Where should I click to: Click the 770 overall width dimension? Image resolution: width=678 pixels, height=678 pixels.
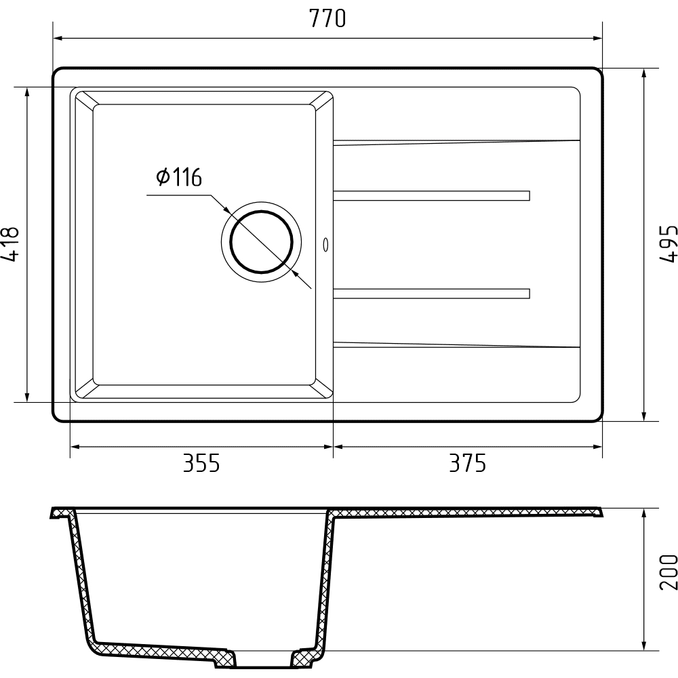pos(327,19)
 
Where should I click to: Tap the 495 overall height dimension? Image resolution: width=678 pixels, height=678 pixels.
pos(668,243)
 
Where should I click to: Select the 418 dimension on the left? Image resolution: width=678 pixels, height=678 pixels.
pos(10,244)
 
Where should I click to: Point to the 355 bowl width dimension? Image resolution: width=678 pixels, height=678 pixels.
pos(201,463)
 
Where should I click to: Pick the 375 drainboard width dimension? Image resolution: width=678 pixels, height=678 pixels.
pos(467,463)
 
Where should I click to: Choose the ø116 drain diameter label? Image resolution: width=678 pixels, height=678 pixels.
pos(179,176)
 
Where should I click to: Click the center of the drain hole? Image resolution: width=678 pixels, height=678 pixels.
pos(261,242)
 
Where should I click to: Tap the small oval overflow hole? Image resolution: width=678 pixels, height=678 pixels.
pos(325,245)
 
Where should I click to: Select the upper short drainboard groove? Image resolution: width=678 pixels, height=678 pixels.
pos(431,195)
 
